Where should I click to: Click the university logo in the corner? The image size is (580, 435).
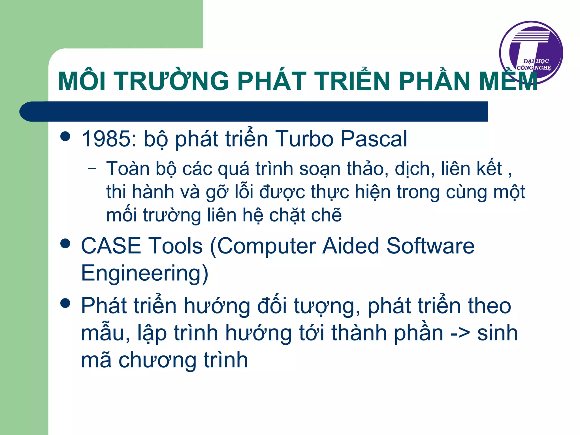(x=531, y=52)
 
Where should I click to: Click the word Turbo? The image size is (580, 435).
(x=304, y=139)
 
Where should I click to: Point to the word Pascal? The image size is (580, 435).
(x=374, y=139)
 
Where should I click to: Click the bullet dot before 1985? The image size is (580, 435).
(x=65, y=136)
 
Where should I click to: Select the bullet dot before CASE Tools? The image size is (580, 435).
(x=65, y=243)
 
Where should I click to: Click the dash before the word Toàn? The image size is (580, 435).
(x=92, y=168)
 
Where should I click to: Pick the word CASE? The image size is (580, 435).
(x=111, y=246)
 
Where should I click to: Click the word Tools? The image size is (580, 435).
(x=176, y=246)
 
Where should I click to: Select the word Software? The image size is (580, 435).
(x=430, y=246)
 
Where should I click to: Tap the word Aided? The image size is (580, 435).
(x=351, y=246)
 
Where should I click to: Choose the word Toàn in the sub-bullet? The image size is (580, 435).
(x=128, y=169)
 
